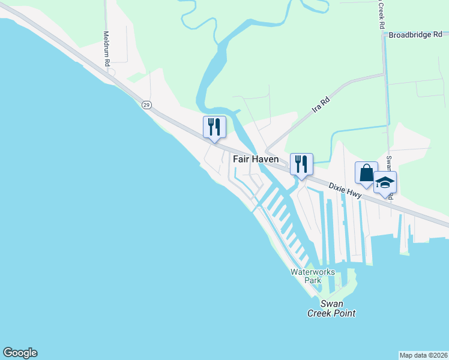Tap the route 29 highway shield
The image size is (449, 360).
pyautogui.click(x=146, y=104)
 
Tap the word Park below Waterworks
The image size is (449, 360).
pyautogui.click(x=312, y=280)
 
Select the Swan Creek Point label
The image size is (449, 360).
pyautogui.click(x=331, y=308)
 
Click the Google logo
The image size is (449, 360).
pyautogui.click(x=20, y=353)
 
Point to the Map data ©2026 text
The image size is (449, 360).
pyautogui.click(x=423, y=355)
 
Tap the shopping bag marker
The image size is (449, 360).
pyautogui.click(x=366, y=173)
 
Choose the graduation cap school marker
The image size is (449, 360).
pyautogui.click(x=385, y=182)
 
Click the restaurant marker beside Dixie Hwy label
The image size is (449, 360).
pyautogui.click(x=301, y=163)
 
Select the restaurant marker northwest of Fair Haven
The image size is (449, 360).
pyautogui.click(x=214, y=126)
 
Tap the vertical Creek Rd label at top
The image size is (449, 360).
pyautogui.click(x=381, y=14)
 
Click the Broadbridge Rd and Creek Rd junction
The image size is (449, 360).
pyautogui.click(x=384, y=35)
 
